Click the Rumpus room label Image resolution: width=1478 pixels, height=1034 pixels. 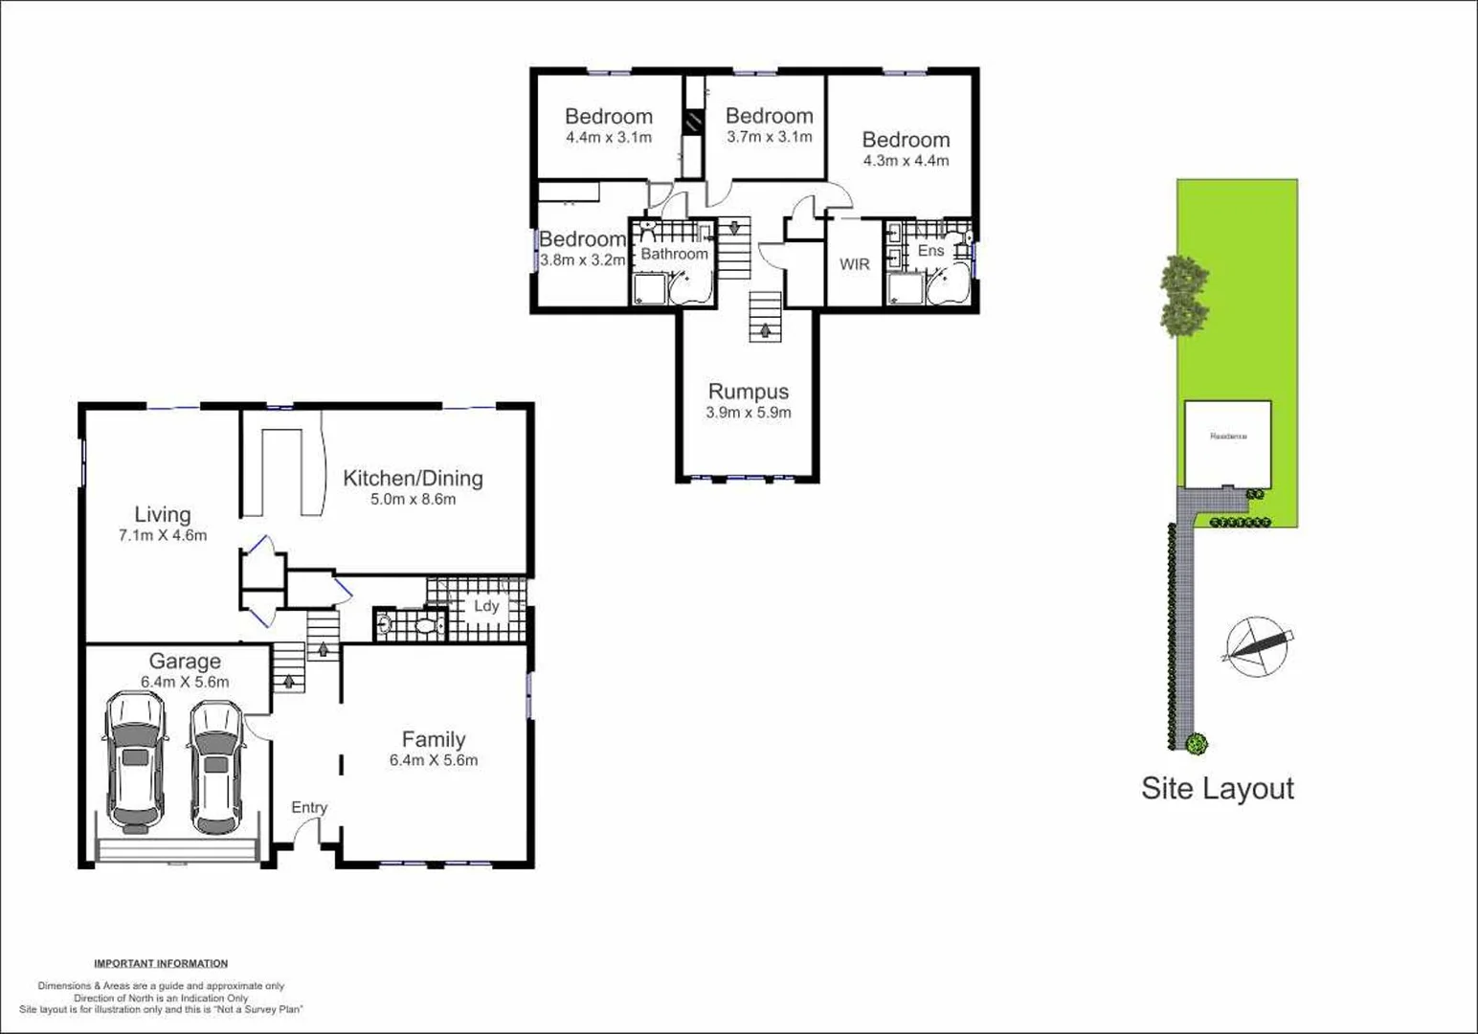748,392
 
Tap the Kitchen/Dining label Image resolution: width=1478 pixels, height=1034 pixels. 413,478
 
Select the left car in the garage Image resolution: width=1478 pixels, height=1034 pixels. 135,762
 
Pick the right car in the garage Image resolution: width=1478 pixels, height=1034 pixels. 215,768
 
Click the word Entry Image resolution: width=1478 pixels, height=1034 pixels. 309,807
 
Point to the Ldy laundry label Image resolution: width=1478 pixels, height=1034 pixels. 486,606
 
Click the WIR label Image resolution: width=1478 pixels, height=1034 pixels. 854,264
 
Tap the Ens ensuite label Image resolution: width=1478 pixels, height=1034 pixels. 930,251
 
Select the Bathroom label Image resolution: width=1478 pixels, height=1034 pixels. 674,254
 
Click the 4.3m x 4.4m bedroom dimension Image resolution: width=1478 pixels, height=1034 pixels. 906,161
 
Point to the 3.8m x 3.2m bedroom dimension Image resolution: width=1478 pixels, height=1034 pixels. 582,259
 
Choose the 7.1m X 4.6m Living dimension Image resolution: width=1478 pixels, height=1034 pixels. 163,535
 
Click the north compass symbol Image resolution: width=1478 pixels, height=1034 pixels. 1257,647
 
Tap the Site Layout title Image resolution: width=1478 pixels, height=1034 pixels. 1217,788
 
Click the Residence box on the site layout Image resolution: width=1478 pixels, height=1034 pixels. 1228,443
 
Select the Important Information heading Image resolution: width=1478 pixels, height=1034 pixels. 161,963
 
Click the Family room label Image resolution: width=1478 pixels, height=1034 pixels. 434,739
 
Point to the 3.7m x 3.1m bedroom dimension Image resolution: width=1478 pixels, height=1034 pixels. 769,137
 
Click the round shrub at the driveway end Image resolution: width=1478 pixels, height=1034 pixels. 1196,742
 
